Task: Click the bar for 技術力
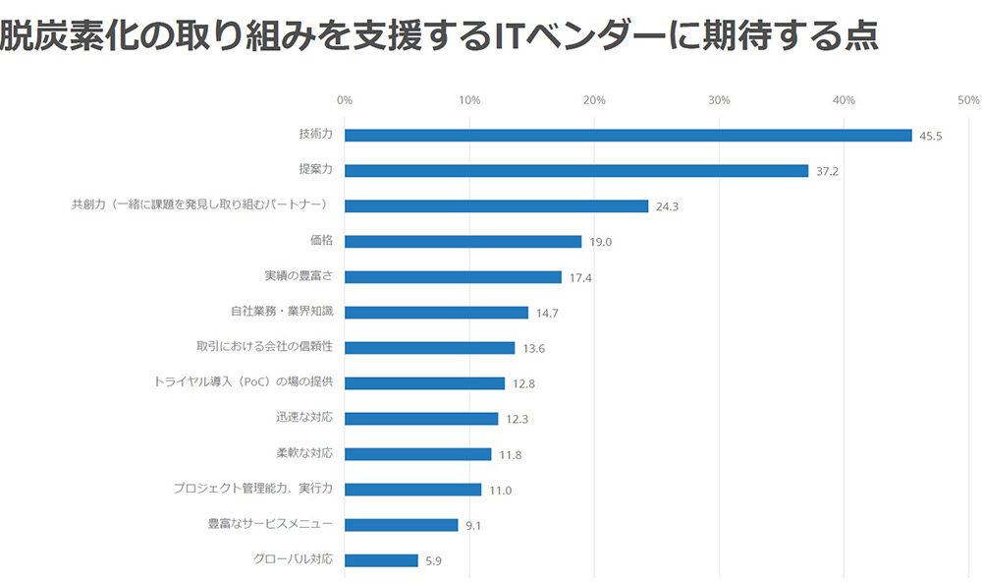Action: pos(628,136)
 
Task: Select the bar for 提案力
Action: pos(576,171)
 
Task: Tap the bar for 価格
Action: pos(463,242)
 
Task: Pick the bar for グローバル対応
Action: pos(381,560)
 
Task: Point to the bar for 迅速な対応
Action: pos(421,419)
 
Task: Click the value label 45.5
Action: pos(930,136)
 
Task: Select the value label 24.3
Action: pos(667,206)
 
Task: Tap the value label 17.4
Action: pos(580,277)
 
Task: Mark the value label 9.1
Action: pos(473,525)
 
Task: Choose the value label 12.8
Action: pos(523,383)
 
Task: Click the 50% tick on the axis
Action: pos(968,100)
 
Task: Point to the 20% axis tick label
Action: pos(594,100)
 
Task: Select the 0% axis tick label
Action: pos(345,100)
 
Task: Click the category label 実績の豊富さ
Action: pos(299,276)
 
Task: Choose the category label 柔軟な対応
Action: pos(304,453)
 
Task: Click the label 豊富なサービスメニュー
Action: pos(270,524)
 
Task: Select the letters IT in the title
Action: pos(508,35)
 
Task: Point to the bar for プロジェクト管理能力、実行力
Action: pos(412,490)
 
